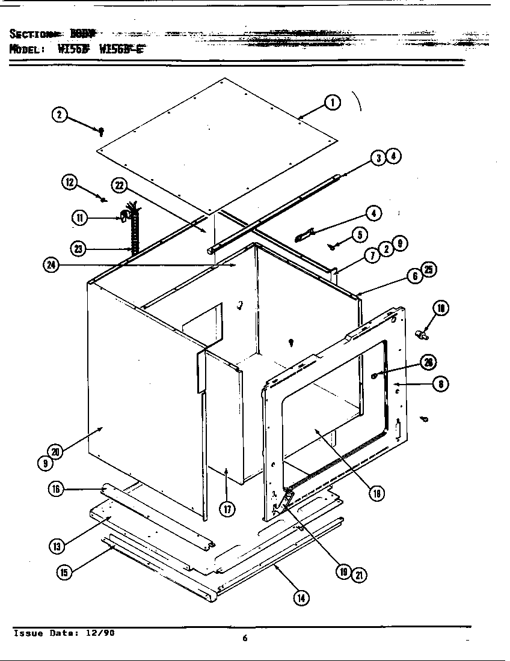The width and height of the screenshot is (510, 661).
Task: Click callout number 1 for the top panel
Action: (332, 103)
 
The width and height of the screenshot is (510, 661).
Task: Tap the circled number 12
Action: (70, 182)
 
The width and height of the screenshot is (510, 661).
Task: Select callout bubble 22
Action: (118, 186)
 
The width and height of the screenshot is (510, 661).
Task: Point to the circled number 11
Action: (79, 218)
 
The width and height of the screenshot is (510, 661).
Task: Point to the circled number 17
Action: (227, 509)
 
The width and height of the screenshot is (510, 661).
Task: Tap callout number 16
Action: (56, 489)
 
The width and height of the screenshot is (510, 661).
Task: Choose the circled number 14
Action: (301, 597)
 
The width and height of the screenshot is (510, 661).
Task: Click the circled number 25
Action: (428, 270)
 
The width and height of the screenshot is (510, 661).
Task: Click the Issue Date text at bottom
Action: (64, 634)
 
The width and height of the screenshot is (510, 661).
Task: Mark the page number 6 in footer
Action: (245, 638)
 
